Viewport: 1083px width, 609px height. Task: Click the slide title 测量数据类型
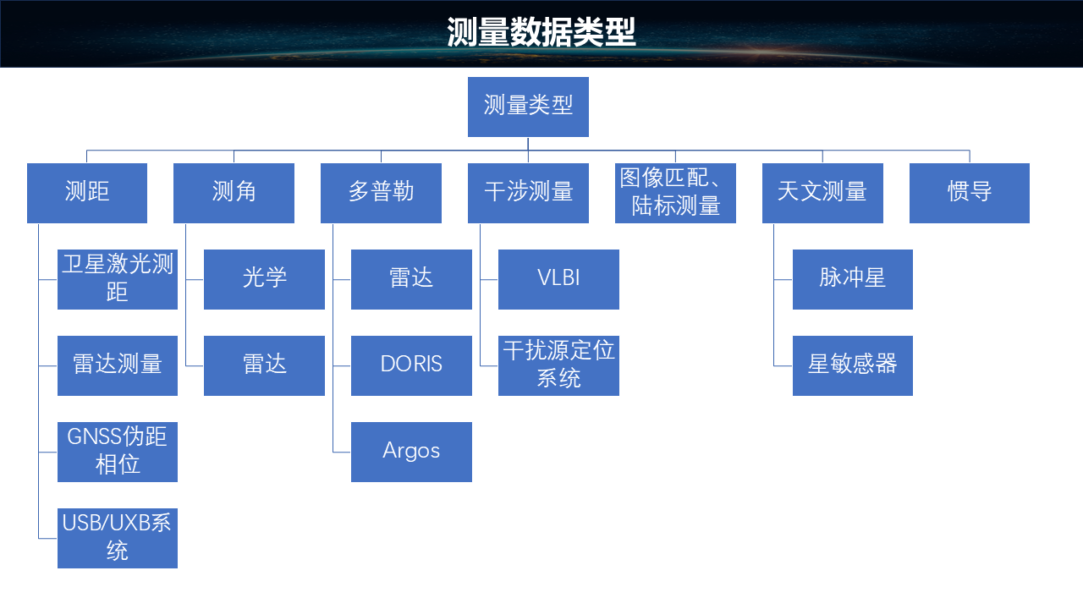coord(541,34)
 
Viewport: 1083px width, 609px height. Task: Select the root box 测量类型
coord(528,107)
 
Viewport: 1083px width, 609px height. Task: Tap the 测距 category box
coord(87,193)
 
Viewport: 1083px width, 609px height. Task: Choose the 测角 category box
coord(234,193)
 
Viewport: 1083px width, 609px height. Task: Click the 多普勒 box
coord(381,193)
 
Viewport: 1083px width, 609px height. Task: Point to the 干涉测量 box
coord(528,193)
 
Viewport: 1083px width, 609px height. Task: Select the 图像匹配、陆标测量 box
coord(675,193)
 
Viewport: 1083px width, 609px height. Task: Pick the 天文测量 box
coord(822,193)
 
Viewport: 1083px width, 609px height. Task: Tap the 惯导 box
coord(970,193)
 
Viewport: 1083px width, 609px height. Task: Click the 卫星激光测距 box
coord(118,279)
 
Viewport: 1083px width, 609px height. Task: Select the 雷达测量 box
coord(118,365)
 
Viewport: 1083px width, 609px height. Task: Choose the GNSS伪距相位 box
coord(118,452)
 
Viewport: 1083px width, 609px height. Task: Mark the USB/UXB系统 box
coord(118,538)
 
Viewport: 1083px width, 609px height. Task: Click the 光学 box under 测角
coord(264,279)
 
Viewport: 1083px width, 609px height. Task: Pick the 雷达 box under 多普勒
coord(411,279)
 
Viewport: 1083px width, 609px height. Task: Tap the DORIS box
coord(411,365)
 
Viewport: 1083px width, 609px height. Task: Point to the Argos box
coord(411,452)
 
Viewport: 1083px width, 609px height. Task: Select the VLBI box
coord(558,279)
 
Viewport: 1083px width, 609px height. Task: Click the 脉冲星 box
coord(853,279)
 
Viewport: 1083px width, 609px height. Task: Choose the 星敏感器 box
coord(853,365)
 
